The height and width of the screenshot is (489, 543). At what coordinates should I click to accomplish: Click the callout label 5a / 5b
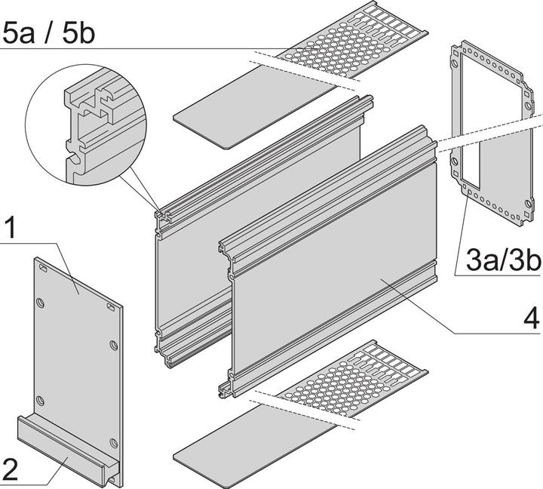(48, 34)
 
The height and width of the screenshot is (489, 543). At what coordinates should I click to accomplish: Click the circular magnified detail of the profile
(86, 125)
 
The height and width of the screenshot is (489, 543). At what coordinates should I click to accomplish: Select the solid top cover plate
(256, 107)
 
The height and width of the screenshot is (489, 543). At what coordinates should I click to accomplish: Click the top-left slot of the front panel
(44, 268)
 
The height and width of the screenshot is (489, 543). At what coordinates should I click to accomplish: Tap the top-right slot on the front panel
(112, 306)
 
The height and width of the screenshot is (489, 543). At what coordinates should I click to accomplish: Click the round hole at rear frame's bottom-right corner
(528, 203)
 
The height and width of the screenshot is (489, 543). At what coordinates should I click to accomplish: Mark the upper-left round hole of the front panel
(41, 303)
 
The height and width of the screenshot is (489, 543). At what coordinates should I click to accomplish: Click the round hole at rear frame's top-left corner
(454, 64)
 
